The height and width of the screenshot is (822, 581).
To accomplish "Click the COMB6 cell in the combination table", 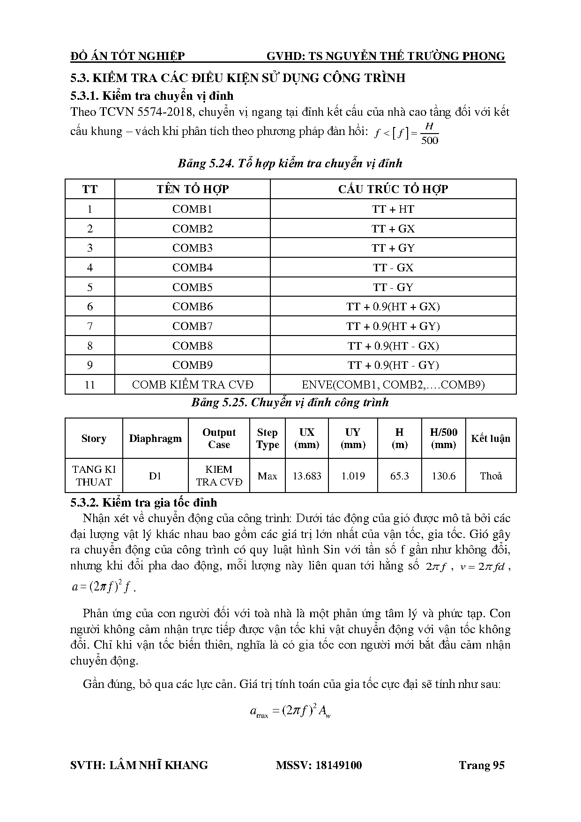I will point(192,306).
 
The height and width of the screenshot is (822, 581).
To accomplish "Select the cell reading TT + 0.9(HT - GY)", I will point(393,365).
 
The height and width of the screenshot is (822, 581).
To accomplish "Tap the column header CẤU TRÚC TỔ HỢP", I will point(393,189).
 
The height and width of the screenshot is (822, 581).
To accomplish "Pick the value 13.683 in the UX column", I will point(307,476).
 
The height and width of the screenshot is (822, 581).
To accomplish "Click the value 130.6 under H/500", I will point(443,476).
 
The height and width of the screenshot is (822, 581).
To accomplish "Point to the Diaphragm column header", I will point(155,439).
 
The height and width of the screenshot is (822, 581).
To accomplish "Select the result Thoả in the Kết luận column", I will point(491,476).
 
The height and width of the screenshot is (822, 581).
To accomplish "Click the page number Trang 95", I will point(482,765).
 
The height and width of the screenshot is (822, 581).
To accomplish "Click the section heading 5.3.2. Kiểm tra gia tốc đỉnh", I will point(143,503).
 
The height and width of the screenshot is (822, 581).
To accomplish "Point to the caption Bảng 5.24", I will point(290,164).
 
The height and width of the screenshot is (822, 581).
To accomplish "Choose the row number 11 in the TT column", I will point(89,385).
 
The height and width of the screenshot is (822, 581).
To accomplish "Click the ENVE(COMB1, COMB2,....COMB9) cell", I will point(393,385).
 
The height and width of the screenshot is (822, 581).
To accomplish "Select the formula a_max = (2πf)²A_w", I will point(290,712).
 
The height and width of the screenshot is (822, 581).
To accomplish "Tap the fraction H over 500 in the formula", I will point(429,134).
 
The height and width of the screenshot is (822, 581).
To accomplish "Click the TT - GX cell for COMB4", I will point(393,268).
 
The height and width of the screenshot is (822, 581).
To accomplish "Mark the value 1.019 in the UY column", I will point(352,476).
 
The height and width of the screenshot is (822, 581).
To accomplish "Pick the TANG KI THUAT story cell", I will point(94,476).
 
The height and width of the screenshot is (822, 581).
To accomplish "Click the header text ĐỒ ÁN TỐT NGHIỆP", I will point(127,57).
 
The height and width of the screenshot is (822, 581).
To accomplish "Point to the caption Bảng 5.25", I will point(290,403).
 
